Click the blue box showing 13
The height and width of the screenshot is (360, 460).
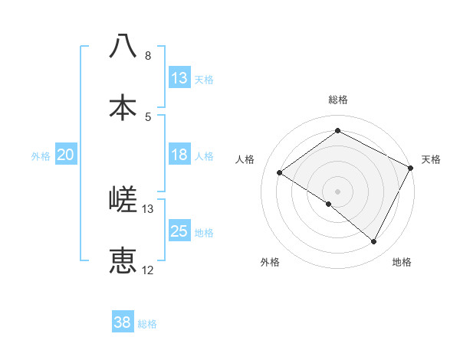point(179,78)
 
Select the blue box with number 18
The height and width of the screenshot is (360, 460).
point(179,155)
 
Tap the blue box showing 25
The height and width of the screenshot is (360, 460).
point(179,231)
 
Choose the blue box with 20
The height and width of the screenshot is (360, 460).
point(65,155)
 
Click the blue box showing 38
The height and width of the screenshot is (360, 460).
point(123,322)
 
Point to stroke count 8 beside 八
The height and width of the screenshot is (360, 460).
point(147,56)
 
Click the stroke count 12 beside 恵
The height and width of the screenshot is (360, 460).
point(148,270)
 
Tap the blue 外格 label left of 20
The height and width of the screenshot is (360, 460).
point(41,156)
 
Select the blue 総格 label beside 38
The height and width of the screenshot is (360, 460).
point(147,324)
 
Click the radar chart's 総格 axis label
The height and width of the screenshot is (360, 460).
point(338,100)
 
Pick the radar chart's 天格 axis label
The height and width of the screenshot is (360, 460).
point(432,159)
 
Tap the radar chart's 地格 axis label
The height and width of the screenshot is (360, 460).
point(402,263)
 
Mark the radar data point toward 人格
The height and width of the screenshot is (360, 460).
point(280,172)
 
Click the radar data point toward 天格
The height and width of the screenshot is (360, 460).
point(411,168)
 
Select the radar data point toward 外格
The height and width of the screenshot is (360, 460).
point(329,204)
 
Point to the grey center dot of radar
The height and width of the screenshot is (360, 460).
point(337,191)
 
